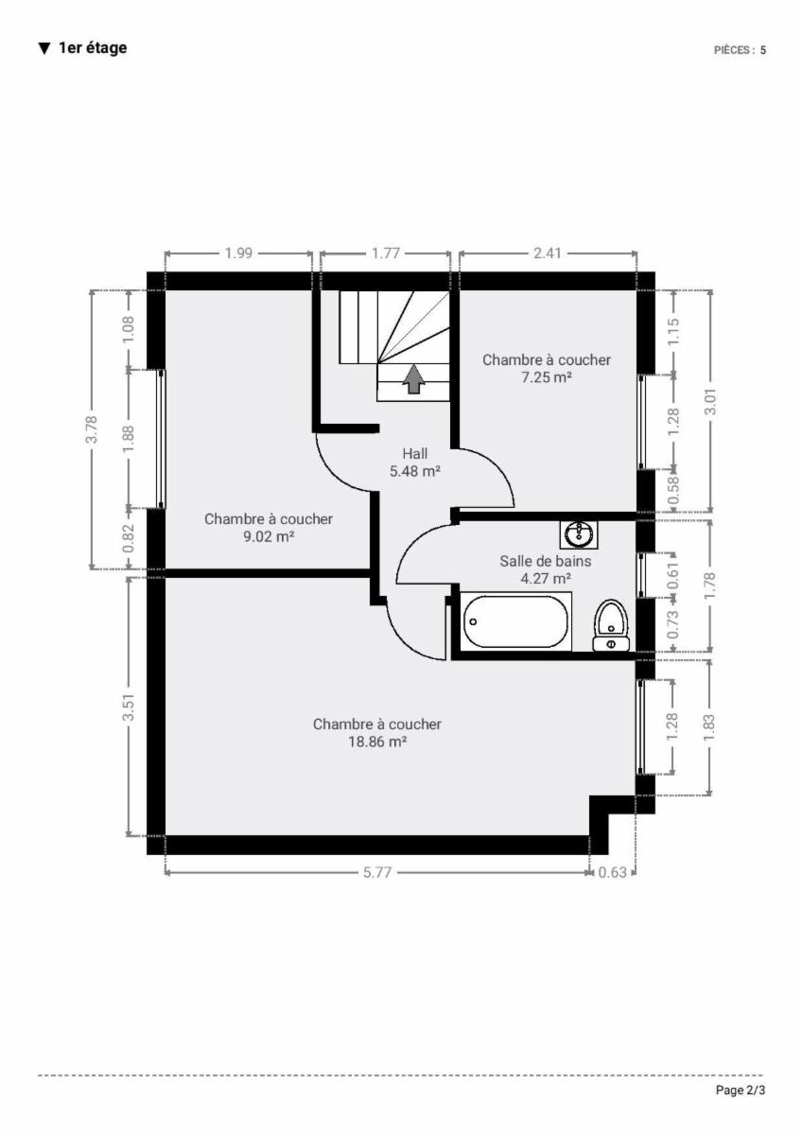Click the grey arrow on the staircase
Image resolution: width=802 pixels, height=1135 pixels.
pos(414,378)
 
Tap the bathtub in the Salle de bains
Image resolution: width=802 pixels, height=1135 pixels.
pos(517,621)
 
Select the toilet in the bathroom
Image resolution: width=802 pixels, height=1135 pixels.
pos(611,625)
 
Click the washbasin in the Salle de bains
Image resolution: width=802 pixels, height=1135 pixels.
pos(579,534)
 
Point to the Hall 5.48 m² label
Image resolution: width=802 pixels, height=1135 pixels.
pos(414,463)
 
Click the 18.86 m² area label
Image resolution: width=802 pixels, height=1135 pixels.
pos(377,742)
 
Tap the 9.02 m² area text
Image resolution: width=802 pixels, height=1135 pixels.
pos(269,536)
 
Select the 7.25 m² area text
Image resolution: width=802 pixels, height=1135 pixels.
pos(547,377)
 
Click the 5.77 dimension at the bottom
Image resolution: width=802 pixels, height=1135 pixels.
pos(377,872)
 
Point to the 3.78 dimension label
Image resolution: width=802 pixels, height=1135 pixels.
pos(92,429)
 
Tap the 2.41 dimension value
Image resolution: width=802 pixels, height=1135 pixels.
pos(548,253)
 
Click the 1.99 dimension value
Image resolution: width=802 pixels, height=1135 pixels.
pos(238,253)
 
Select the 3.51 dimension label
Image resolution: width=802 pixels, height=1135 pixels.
pos(129,707)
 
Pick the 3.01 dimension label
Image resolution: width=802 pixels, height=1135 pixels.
pos(711,401)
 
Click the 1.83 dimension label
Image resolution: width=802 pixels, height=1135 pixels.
pos(709,727)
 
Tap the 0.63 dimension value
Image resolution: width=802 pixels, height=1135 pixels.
pos(613,872)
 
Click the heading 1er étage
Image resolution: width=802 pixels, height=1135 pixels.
pos(93,48)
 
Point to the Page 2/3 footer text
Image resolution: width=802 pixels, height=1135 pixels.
pos(741,1090)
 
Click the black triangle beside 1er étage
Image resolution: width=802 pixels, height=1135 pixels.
pos(44,48)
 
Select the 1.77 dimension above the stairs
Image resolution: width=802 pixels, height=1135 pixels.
pos(386,253)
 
